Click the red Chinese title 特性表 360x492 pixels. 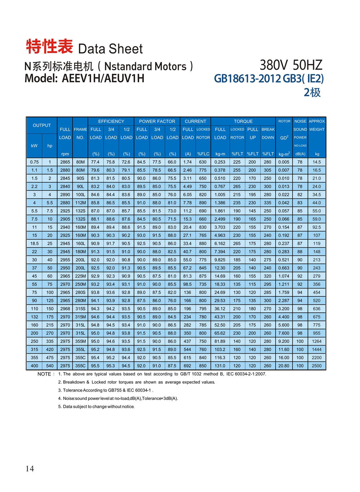(x=49, y=47)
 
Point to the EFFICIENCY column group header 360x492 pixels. (x=111, y=121)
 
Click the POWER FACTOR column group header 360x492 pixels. (x=157, y=121)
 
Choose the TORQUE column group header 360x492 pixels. (x=243, y=121)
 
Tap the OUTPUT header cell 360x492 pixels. (x=42, y=125)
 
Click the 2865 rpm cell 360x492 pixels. (x=65, y=162)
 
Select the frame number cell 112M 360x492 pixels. (x=80, y=203)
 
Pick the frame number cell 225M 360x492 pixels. (x=80, y=276)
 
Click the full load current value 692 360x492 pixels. (x=188, y=366)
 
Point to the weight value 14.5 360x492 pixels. (x=317, y=162)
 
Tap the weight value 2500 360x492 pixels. (x=317, y=366)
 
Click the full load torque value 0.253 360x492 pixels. (x=220, y=162)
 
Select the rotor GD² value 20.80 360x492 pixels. (x=284, y=366)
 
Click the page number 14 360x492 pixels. (x=30, y=469)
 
